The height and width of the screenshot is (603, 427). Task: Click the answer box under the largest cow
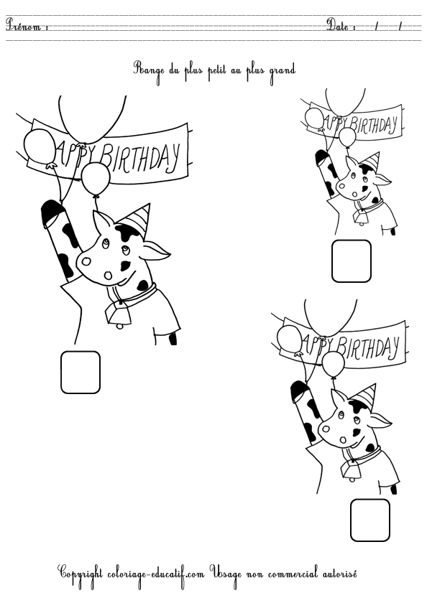tap(81, 373)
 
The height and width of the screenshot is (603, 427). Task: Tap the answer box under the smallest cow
tap(352, 261)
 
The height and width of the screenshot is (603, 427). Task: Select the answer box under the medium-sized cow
tap(370, 520)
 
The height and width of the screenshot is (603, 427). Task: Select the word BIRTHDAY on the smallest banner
tap(374, 125)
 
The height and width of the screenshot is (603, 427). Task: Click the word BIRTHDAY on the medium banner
tap(368, 347)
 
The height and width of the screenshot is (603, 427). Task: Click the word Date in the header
tap(337, 25)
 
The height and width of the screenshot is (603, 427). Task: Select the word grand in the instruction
tap(283, 71)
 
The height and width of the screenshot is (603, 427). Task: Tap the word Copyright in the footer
tap(80, 574)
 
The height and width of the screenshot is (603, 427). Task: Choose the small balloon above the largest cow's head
tap(96, 179)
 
